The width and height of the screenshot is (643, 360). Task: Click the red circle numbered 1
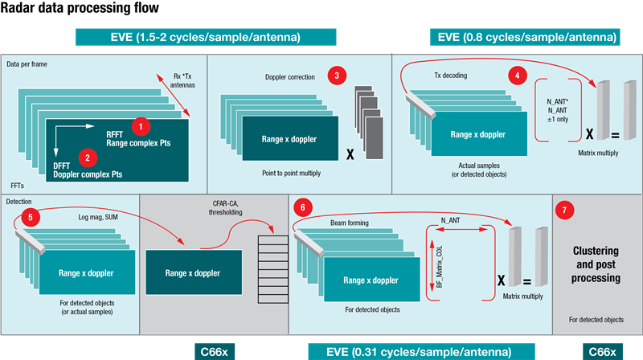(141, 125)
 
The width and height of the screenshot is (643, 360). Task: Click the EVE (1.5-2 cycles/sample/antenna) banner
(205, 37)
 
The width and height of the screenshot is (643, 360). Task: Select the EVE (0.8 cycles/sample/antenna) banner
(527, 37)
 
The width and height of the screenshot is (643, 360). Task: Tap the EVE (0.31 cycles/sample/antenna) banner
(410, 352)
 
